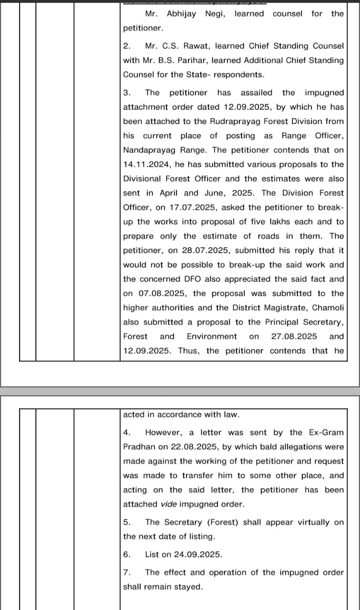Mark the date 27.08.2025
click(294, 336)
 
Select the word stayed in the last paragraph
click(189, 587)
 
